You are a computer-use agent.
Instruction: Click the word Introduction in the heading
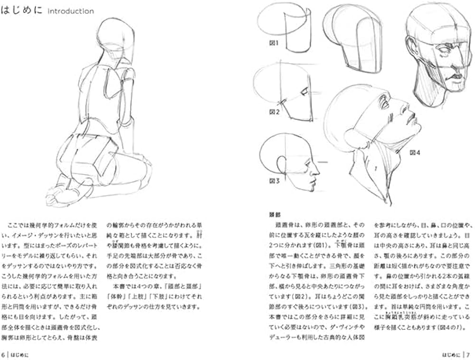click(71, 11)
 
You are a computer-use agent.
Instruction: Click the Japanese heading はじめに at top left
click(22, 10)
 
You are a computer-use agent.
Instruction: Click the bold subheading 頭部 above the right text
click(275, 214)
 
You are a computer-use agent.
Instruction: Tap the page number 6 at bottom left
click(4, 354)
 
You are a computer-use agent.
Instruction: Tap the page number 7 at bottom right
click(468, 354)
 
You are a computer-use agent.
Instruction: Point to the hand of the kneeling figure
click(55, 195)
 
